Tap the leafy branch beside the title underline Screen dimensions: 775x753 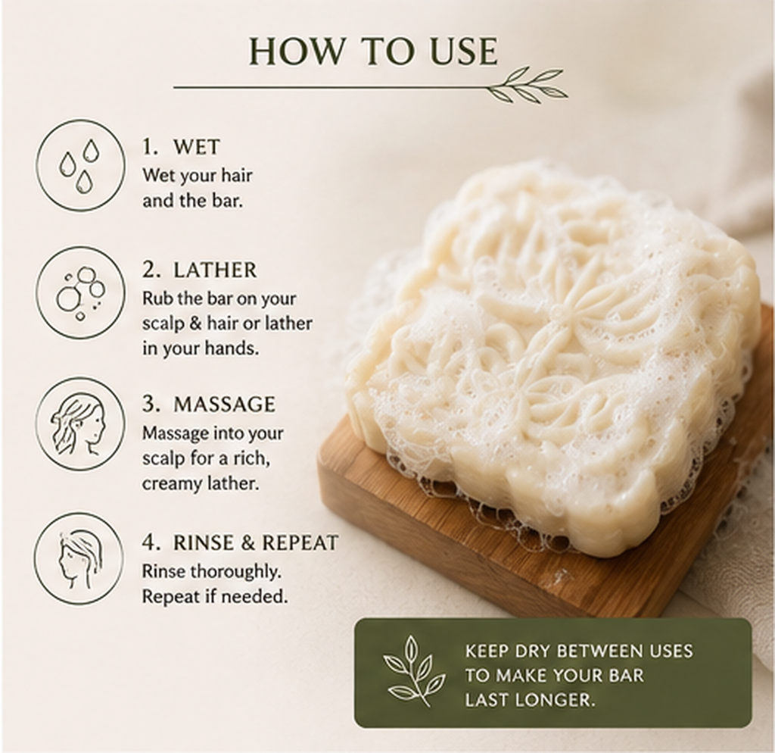[528, 84]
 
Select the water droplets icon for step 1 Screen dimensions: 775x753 [79, 165]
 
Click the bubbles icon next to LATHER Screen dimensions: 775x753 [79, 292]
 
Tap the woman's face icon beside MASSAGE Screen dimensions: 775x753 [79, 424]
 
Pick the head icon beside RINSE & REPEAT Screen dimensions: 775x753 [79, 558]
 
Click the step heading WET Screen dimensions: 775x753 [196, 147]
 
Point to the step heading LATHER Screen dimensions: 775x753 [215, 270]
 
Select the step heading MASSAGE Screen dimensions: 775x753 [224, 405]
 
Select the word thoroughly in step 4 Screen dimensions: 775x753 [236, 572]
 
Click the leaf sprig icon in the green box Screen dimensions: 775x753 [409, 672]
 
